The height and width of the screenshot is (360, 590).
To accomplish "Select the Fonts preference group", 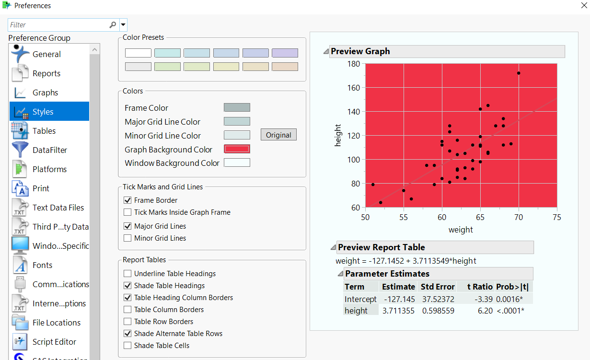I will click(x=42, y=265).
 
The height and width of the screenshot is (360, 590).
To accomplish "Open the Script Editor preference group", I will click(x=54, y=342).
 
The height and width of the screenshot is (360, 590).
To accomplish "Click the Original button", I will click(x=278, y=135).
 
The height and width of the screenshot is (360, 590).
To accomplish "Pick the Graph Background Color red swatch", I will click(x=237, y=149).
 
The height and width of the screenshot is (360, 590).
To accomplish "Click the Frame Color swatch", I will click(x=237, y=107).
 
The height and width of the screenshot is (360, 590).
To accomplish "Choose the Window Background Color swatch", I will click(x=237, y=163).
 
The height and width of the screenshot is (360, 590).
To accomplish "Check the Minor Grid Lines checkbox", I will click(x=127, y=238).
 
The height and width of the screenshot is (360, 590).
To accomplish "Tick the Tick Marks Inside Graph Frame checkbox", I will click(x=127, y=212).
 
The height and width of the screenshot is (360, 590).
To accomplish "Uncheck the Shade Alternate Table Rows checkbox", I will click(x=127, y=333).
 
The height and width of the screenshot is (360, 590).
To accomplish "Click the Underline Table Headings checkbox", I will click(x=127, y=273).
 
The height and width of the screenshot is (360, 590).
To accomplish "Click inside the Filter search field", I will click(x=58, y=24).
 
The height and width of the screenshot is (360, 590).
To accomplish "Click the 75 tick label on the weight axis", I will click(x=556, y=217).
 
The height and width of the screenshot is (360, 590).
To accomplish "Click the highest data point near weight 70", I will click(x=519, y=73).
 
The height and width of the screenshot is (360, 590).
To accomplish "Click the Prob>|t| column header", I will click(x=512, y=287).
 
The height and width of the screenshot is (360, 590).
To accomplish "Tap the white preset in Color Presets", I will click(x=138, y=53).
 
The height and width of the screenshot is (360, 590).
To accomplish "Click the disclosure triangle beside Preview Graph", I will click(x=325, y=51).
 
